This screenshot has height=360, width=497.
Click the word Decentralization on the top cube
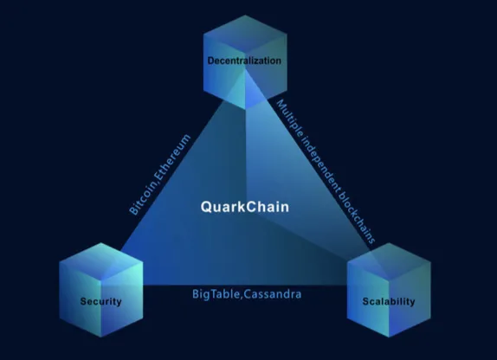[x=244, y=61]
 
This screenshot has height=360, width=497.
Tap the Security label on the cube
[x=100, y=301]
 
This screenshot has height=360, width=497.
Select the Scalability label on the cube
[x=389, y=301]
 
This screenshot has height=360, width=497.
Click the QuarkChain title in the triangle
[x=245, y=207]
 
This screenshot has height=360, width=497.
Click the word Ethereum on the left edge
[x=174, y=157]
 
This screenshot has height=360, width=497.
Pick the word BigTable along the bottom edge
[x=216, y=294]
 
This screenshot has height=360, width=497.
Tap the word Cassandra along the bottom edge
[x=273, y=294]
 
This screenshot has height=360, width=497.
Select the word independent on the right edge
[x=319, y=164]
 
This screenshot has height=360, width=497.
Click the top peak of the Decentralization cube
[x=245, y=15]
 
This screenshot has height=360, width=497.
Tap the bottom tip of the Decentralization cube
[x=245, y=109]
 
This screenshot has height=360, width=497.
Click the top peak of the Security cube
[x=101, y=243]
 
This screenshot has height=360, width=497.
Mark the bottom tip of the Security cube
[x=101, y=337]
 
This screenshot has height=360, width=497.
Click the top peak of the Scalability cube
[x=389, y=243]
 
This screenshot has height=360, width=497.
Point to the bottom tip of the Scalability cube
[x=389, y=337]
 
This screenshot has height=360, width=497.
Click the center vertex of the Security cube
[x=101, y=281]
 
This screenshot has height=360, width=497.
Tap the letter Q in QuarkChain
[x=207, y=207]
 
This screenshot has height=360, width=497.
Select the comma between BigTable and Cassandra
[x=242, y=298]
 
